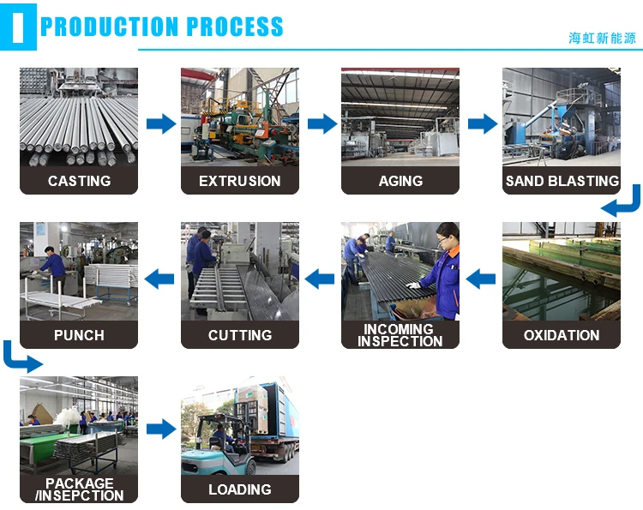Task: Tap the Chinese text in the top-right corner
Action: [603, 38]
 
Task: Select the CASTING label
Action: [79, 181]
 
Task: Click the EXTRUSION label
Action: [240, 181]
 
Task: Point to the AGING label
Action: [400, 181]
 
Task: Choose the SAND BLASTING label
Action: [562, 181]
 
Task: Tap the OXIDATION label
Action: [562, 335]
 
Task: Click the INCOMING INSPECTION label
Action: [400, 335]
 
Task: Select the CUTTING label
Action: [240, 335]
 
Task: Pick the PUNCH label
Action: [79, 335]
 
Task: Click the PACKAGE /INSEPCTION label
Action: [79, 489]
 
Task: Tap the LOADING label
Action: [240, 489]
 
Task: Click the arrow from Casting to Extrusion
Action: [160, 124]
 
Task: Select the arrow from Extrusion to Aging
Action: [321, 124]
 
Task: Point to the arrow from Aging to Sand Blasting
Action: [482, 124]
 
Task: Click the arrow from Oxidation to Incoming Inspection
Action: [481, 278]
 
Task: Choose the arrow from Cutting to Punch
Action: [159, 278]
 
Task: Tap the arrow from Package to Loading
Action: [160, 429]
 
